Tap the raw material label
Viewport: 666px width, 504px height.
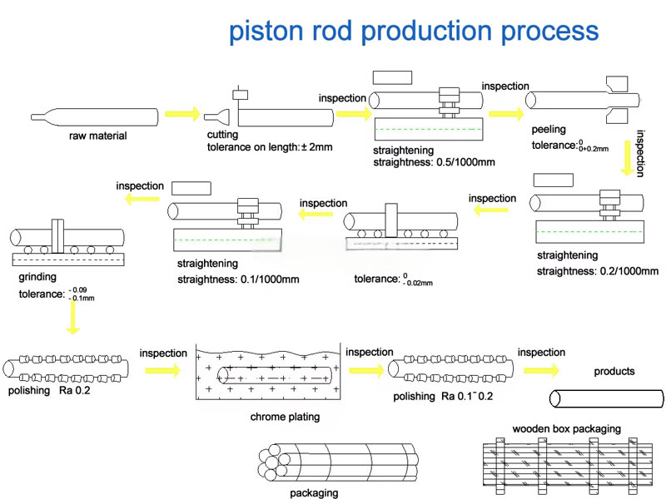point(98,136)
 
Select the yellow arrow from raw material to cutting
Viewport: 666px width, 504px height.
point(182,113)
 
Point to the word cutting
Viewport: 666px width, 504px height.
point(222,135)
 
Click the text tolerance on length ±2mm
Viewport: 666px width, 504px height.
point(269,147)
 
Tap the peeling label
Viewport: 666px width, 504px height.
point(549,131)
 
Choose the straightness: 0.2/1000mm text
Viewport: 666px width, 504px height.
point(598,272)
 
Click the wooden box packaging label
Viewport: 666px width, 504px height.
point(566,428)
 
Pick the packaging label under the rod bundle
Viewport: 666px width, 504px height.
point(314,493)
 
